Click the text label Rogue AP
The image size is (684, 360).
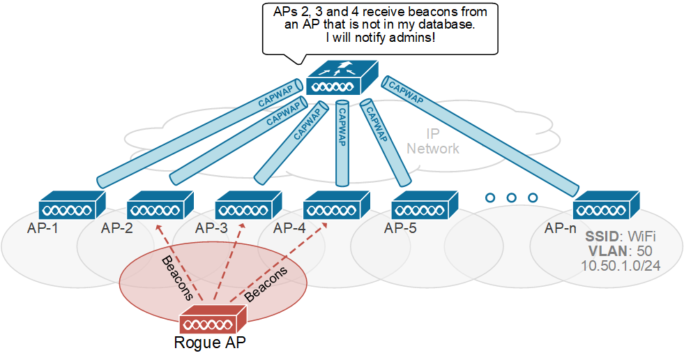[x=209, y=343]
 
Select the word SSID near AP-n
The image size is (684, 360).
[x=601, y=237]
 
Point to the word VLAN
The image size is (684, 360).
[x=604, y=251]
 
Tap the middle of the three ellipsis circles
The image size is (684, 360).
[x=511, y=198]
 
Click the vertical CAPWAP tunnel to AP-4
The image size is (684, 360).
[x=342, y=143]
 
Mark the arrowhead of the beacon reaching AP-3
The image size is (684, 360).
[x=242, y=226]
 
